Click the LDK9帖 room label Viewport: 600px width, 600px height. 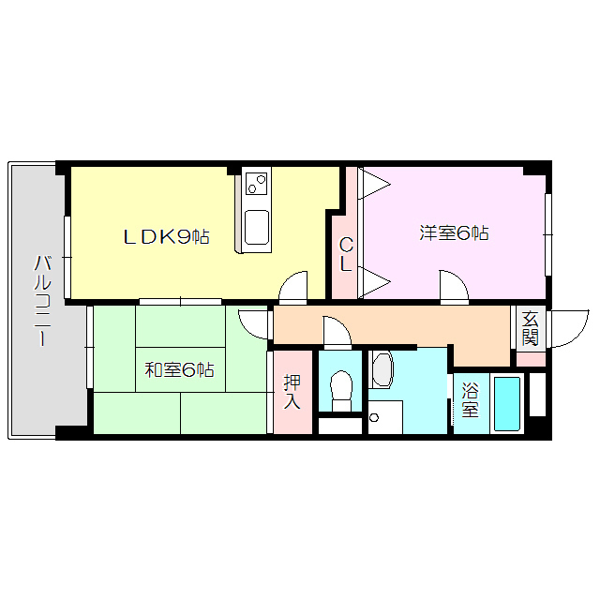pyautogui.click(x=167, y=237)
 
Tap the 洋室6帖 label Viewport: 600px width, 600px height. pyautogui.click(x=454, y=232)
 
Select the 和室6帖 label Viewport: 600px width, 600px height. pyautogui.click(x=179, y=369)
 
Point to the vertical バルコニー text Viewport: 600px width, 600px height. pyautogui.click(x=42, y=300)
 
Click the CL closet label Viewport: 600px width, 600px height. pyautogui.click(x=346, y=255)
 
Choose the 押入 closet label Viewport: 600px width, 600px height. pyautogui.click(x=292, y=392)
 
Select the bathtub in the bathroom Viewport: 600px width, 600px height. pyautogui.click(x=507, y=404)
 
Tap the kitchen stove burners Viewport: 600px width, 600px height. pyautogui.click(x=257, y=184)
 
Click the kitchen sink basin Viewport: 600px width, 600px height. pyautogui.click(x=257, y=226)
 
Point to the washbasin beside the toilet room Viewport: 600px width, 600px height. pyautogui.click(x=381, y=370)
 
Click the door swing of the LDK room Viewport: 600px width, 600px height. pyautogui.click(x=293, y=285)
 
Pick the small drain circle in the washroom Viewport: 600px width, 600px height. pyautogui.click(x=373, y=417)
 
